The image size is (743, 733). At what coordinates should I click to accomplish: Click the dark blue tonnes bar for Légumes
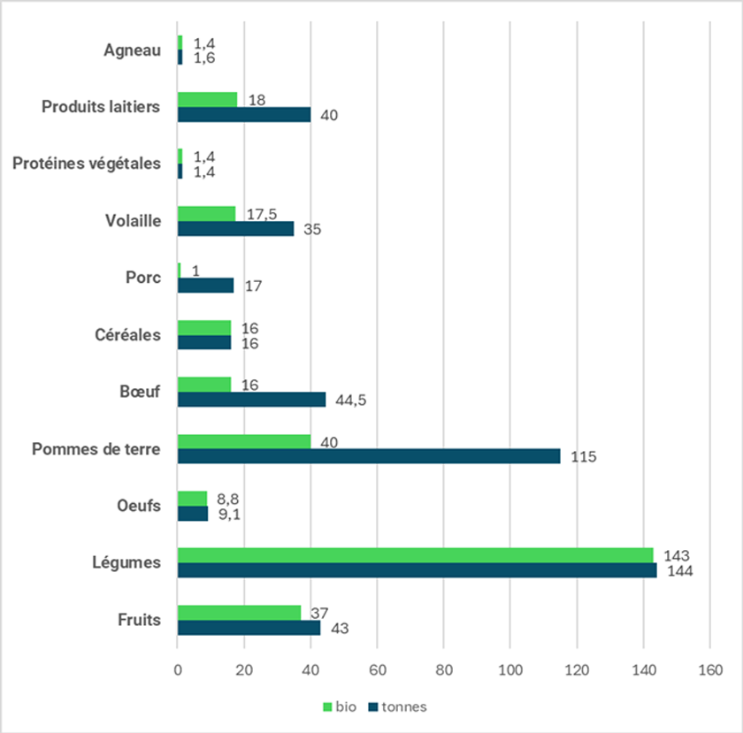coord(417,570)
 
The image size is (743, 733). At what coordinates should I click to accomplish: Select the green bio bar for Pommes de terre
coord(244,441)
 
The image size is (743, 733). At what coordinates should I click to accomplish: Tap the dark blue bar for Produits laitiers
coord(244,115)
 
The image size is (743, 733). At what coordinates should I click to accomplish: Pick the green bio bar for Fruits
coord(239,612)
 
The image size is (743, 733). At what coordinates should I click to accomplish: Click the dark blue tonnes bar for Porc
coord(206,286)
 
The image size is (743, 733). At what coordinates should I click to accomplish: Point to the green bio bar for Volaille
coord(207,213)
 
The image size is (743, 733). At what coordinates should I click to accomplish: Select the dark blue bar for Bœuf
coord(252,400)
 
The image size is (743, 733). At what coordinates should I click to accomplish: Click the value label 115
coord(584,457)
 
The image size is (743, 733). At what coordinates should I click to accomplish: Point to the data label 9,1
coord(228,514)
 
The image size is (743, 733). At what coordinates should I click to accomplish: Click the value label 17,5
coord(257,213)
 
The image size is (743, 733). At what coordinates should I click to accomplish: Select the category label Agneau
coord(133,50)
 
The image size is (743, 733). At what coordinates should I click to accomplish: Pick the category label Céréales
coord(127,335)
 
